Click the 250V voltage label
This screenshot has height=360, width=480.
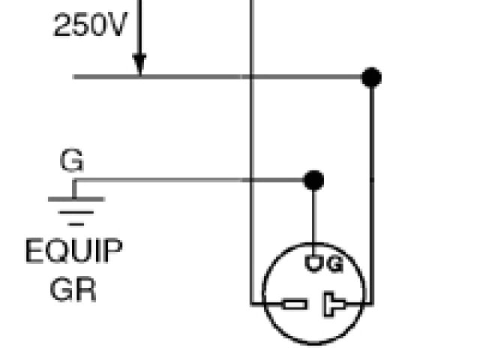pos(89,26)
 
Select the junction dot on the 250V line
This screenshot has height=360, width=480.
pos(370,76)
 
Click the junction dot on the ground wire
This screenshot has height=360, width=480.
pos(313,180)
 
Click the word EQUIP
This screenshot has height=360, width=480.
pos(73,251)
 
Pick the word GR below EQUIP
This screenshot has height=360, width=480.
pos(73,289)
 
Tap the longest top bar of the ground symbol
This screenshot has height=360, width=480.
pos(75,199)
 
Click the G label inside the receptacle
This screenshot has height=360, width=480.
pos(334,264)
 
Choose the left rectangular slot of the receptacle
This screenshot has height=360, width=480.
pos(294,304)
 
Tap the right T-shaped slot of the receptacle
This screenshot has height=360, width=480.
pos(334,304)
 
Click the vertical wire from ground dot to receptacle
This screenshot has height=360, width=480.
pos(313,217)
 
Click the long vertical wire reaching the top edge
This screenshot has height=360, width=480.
pos(250,150)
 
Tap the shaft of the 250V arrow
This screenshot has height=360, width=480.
pos(139,30)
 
